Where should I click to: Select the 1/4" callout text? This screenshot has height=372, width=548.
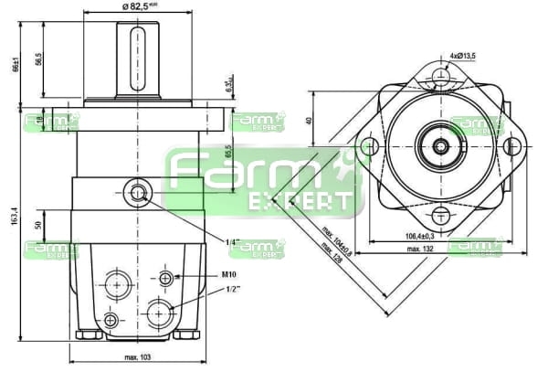[232, 242]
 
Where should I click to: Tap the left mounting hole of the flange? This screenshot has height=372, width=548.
[369, 146]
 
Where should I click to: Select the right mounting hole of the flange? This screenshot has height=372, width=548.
[514, 146]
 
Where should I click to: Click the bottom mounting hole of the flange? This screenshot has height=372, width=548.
[441, 216]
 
